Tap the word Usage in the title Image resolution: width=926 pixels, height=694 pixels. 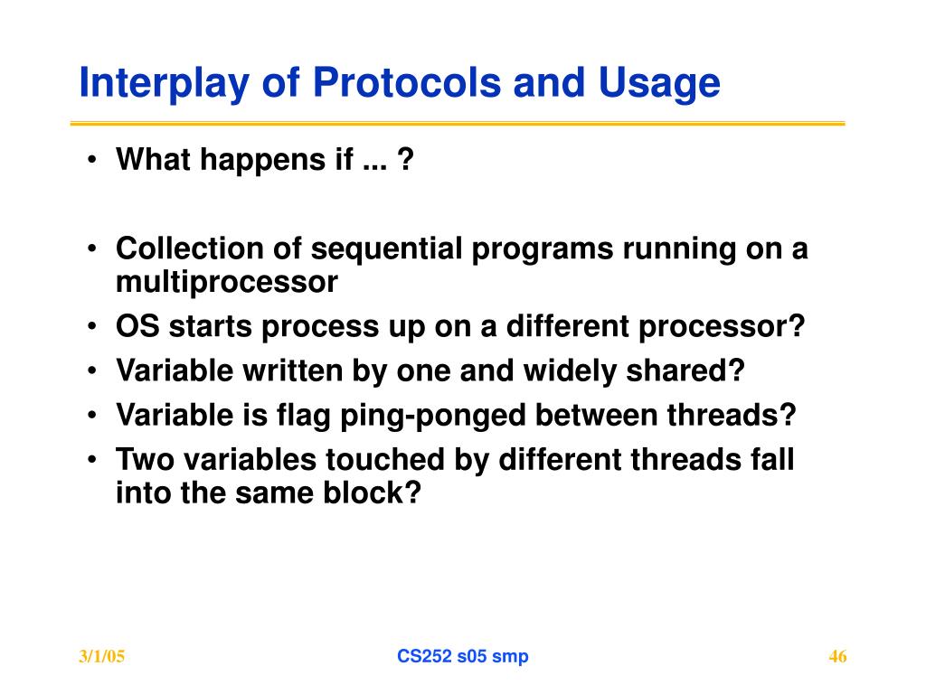[659, 82]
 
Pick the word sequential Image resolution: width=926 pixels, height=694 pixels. [386, 249]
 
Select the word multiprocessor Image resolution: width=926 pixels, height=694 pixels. [227, 283]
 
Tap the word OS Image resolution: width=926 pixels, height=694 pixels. [137, 325]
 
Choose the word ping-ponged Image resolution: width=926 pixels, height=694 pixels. [433, 416]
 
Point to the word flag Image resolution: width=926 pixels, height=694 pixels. [304, 416]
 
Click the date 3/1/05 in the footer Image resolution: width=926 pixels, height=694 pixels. [102, 657]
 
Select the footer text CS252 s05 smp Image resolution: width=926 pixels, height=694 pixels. [463, 657]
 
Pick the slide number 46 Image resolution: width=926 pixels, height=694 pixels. [838, 657]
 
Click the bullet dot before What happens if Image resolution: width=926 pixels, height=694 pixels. [91, 160]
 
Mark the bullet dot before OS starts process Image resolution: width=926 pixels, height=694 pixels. [91, 326]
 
